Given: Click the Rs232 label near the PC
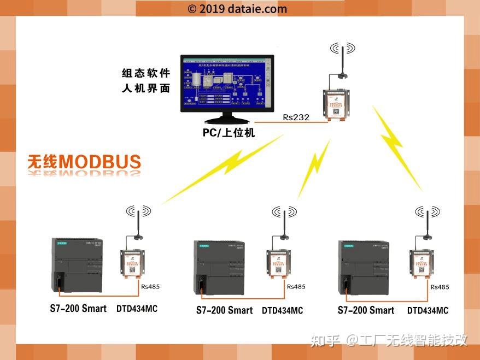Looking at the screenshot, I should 296,117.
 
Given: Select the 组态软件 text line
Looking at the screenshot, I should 146,73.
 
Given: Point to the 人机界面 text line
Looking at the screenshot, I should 146,87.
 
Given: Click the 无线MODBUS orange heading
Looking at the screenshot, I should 85,162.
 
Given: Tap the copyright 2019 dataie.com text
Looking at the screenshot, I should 237,9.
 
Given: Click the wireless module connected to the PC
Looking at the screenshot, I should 335,102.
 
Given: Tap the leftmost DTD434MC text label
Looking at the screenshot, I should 137,309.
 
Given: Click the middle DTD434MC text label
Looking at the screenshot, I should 282,311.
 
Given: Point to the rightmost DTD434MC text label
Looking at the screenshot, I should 428,311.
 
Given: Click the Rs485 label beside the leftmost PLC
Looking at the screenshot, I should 150,286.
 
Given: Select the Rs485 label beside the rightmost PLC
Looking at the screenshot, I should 440,287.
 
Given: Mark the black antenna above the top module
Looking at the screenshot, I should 342,63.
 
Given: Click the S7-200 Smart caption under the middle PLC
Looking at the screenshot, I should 224,310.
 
